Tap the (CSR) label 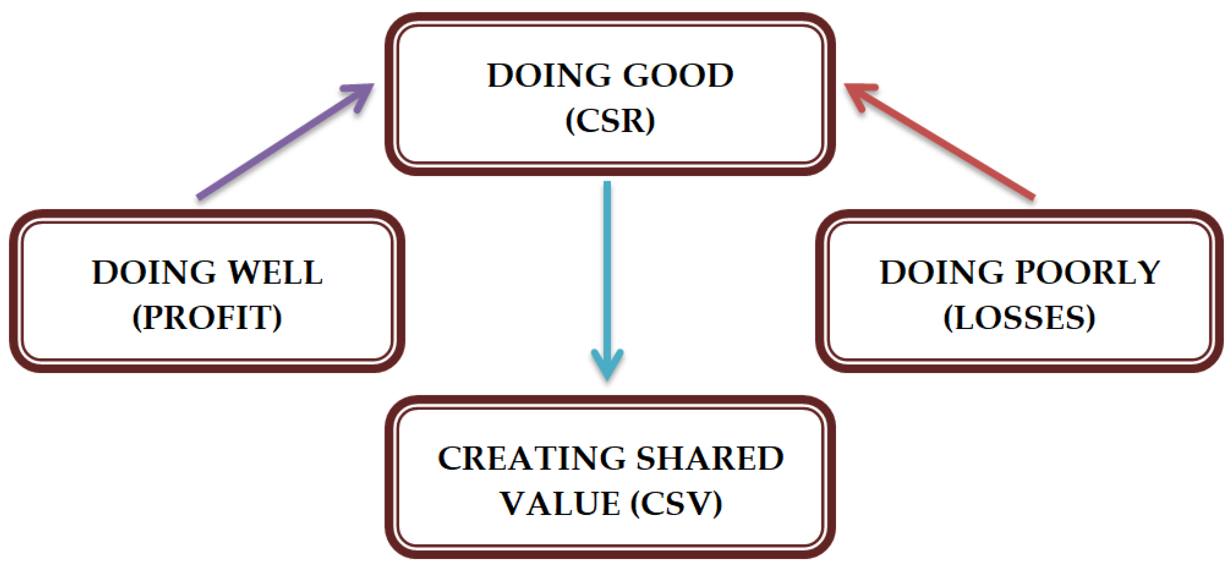pos(610,120)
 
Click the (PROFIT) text pos(207,317)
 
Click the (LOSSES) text pos(1020,317)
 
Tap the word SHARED pos(710,459)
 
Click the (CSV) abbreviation pos(676,503)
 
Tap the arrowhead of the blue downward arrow pos(607,368)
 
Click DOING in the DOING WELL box pos(154,273)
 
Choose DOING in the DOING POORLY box pos(942,273)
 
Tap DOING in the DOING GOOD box pos(549,75)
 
